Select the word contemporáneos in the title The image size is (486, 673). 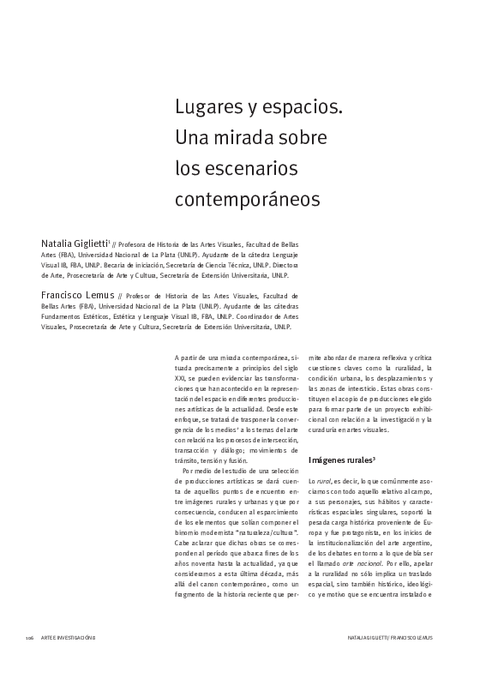coord(247,198)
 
